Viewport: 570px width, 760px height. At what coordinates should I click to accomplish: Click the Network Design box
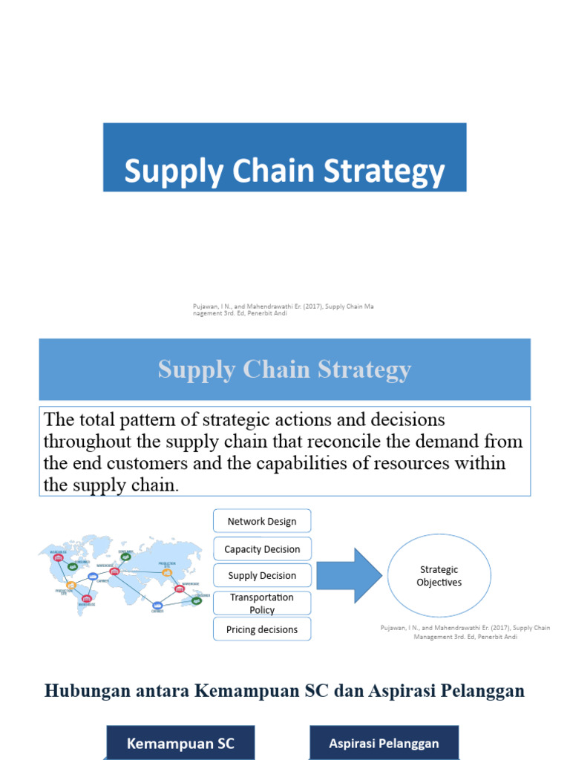point(261,521)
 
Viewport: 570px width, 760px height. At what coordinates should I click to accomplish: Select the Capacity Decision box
point(261,549)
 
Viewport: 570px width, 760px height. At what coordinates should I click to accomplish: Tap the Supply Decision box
point(261,575)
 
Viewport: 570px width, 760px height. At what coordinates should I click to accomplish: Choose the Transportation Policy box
point(261,603)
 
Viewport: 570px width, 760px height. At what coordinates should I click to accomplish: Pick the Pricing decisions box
point(261,629)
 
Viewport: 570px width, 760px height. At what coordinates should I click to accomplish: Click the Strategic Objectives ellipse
point(439,576)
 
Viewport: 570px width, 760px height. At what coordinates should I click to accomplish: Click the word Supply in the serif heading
point(191,370)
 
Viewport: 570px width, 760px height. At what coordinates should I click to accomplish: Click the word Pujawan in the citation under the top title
point(205,307)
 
